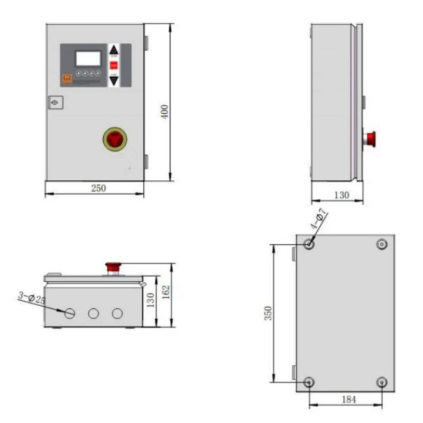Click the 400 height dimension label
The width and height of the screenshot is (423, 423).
165,112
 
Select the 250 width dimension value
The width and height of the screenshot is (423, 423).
98,188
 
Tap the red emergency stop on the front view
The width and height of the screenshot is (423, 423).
115,139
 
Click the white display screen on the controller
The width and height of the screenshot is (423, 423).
88,58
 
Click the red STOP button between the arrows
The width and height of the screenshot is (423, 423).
114,66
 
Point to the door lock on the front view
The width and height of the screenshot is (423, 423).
55,102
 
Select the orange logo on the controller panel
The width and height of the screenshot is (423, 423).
67,78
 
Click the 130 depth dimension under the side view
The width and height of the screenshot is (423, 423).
342,195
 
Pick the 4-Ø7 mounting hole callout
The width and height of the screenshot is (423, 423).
319,220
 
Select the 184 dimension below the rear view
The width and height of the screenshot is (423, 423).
348,400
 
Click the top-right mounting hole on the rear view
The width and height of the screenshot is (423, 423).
382,244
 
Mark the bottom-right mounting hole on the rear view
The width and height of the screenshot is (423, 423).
382,382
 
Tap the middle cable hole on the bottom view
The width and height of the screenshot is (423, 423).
94,314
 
